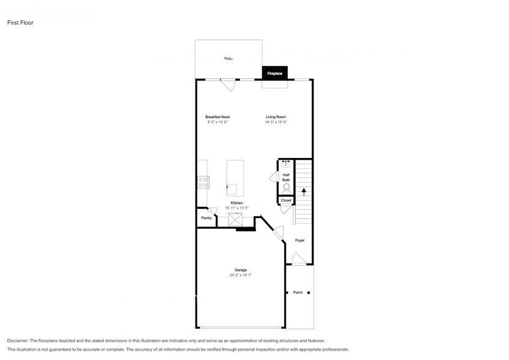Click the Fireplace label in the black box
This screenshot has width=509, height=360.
tap(274, 73)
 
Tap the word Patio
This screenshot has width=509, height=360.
tap(228, 58)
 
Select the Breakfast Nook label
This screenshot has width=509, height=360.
tap(217, 116)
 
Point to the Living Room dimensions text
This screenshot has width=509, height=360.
tap(276, 122)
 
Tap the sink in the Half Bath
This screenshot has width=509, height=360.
tap(285, 164)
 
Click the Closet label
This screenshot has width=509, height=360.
tap(286, 200)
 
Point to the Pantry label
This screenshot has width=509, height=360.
tap(206, 218)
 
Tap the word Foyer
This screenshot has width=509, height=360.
tap(300, 240)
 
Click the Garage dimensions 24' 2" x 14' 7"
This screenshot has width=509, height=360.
tap(240, 276)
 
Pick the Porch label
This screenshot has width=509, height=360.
tap(298, 293)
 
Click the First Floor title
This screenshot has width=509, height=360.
tap(20, 23)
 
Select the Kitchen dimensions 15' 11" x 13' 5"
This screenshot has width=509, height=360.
tap(237, 208)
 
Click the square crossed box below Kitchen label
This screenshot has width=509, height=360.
tap(236, 219)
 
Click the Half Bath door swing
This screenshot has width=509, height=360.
tap(273, 177)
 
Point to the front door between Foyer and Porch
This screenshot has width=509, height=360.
tap(298, 260)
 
